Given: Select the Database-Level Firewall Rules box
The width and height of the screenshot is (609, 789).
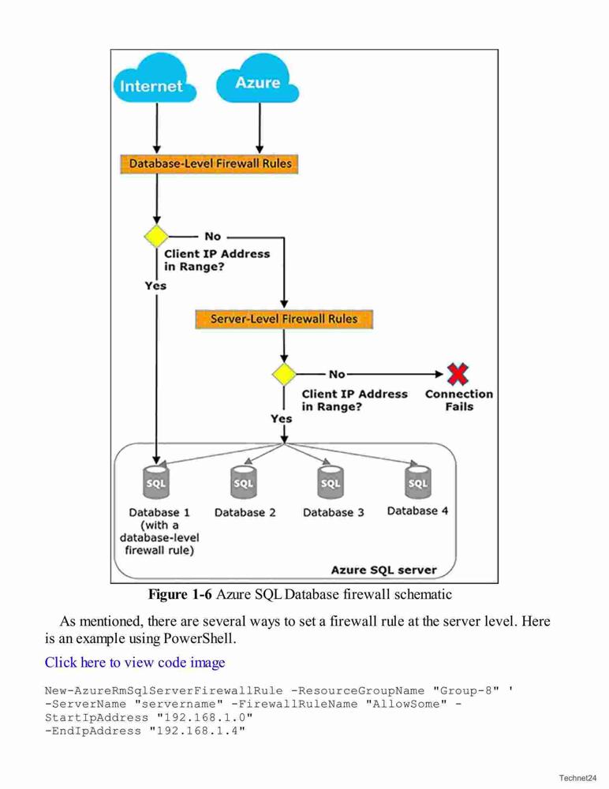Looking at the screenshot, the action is tap(209, 164).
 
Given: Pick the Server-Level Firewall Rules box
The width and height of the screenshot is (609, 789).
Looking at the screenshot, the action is tap(284, 320).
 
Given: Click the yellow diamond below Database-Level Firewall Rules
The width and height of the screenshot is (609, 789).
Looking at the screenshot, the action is tap(156, 236).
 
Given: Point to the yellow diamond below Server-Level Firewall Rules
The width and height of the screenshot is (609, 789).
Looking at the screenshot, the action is tap(284, 374).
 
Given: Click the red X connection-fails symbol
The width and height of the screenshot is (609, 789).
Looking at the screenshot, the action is tap(458, 374).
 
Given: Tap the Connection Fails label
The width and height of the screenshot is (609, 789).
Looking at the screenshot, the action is tap(459, 400).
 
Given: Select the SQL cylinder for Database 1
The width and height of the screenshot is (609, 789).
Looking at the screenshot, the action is tap(156, 481).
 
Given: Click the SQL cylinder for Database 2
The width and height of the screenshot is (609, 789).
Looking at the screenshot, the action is tap(244, 481).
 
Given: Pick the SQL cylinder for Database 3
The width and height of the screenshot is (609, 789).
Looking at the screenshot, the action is tap(331, 481).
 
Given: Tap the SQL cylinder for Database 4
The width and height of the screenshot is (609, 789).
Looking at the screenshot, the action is tap(418, 481).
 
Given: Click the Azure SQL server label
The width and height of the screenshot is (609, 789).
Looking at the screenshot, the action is tap(383, 570).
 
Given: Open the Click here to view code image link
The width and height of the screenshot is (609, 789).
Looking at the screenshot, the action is tap(135, 662).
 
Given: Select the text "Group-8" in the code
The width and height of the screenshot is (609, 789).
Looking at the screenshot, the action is tap(465, 690).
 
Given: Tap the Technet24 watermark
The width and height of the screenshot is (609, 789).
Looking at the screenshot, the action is tap(577, 778).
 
